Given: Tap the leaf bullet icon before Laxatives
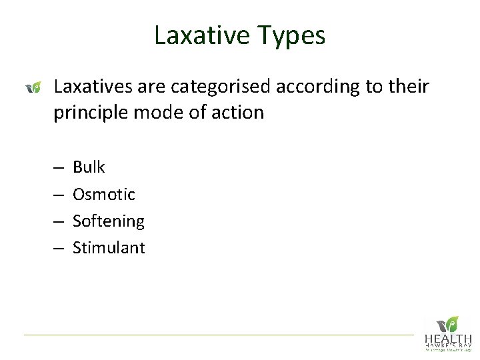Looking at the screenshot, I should pos(34,87).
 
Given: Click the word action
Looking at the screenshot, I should pos(239,113).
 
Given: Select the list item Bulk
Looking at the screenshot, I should pos(89,167).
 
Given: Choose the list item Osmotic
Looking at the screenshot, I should pos(103,194).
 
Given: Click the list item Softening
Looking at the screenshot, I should pos(108,221).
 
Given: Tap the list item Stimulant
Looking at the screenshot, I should pos(109,248).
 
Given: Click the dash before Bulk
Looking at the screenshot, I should pos(59,167).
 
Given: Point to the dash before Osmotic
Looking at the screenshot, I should pos(59,195).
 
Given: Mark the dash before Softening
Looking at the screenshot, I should pos(59,221).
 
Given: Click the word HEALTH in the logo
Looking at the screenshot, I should pos(448,339).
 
